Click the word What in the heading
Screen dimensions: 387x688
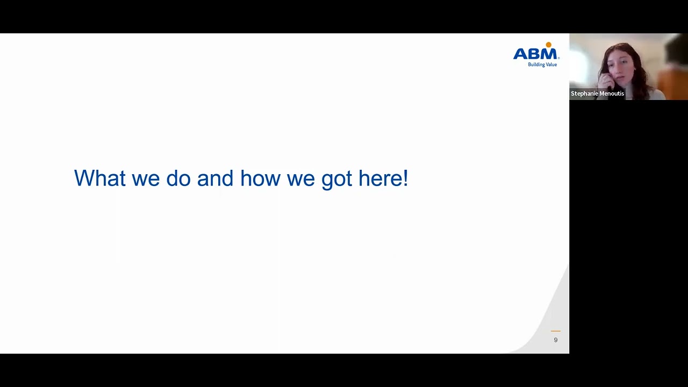99,178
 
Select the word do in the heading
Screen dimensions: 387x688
178,178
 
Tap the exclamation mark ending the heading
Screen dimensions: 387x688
405,178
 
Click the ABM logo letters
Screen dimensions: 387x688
536,54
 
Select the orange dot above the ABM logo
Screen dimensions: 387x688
548,45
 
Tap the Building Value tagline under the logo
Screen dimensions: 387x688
542,64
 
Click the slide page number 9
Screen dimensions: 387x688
556,340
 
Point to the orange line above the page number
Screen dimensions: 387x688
556,331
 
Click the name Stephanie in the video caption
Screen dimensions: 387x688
584,94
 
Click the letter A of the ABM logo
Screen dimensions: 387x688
521,54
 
